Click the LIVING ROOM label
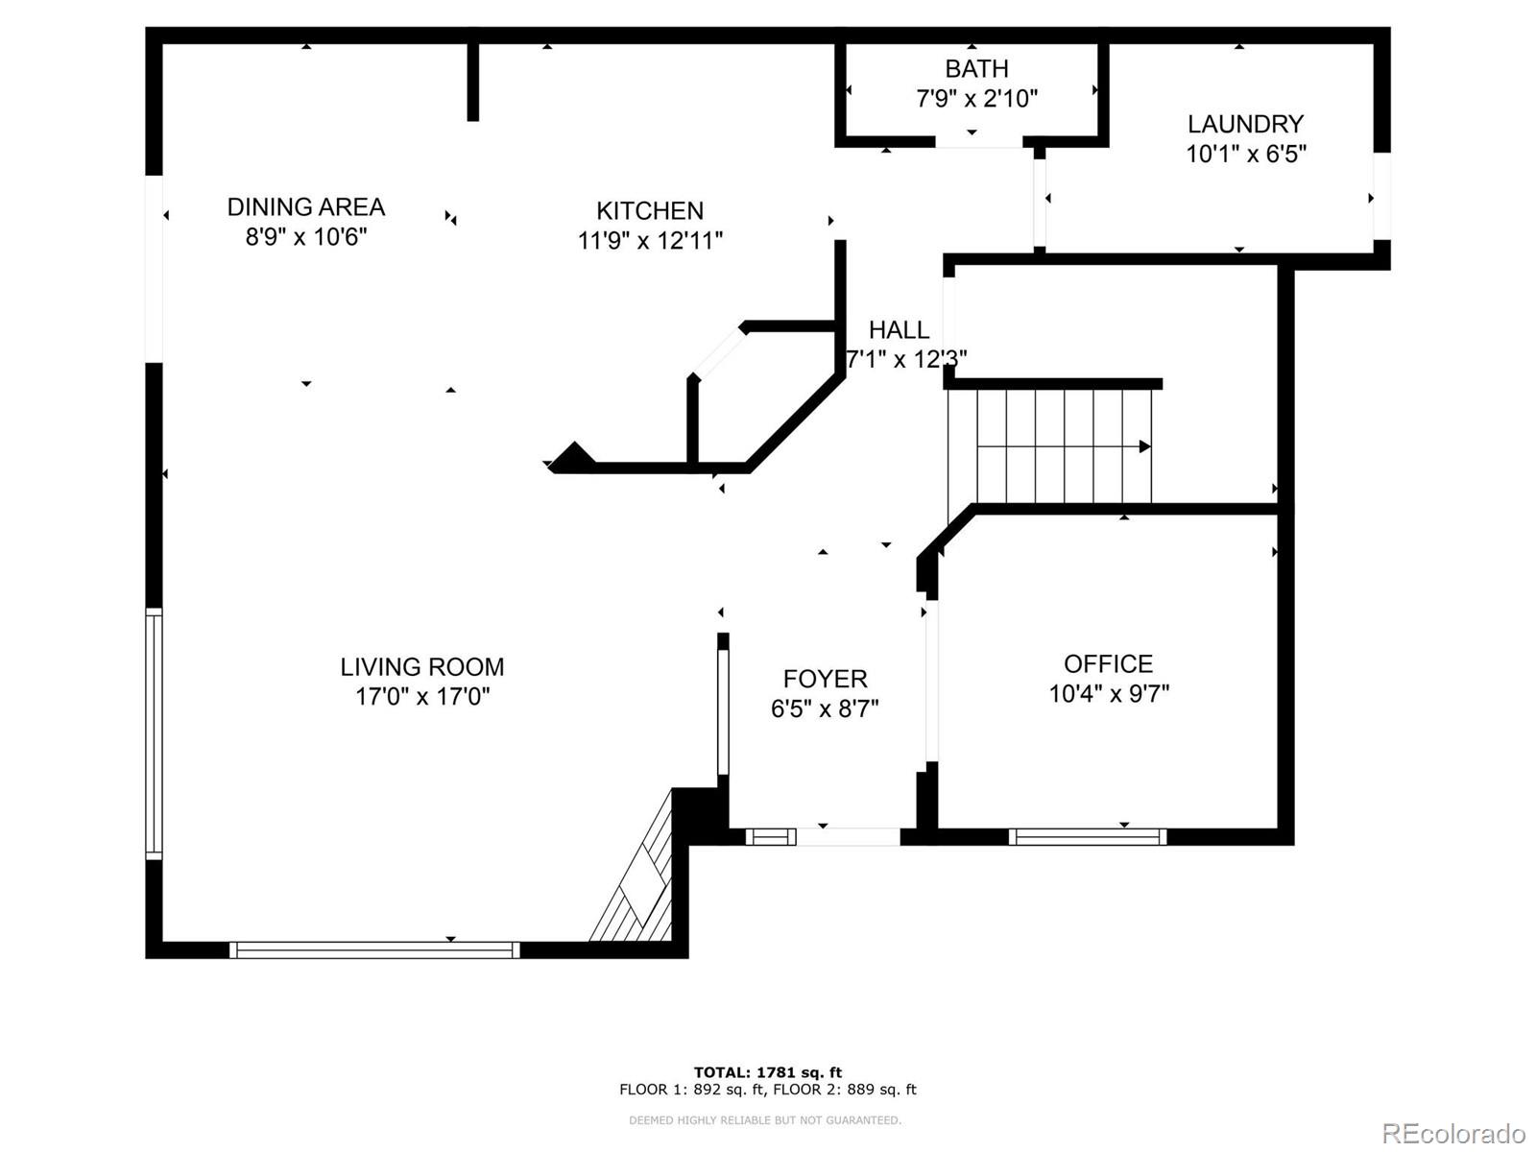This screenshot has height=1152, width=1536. click(422, 666)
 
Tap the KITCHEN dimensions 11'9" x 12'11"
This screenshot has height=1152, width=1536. click(650, 240)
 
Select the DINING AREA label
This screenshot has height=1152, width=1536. click(305, 206)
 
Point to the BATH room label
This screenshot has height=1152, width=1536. click(976, 69)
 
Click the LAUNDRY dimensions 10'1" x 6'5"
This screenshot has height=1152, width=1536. click(1245, 154)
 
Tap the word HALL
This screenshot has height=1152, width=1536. click(899, 330)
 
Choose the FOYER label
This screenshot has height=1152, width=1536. click(825, 679)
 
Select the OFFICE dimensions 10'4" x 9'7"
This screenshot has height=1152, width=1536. click(1109, 693)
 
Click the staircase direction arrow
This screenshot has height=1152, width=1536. click(1144, 446)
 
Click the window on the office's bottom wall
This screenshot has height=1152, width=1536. click(1087, 836)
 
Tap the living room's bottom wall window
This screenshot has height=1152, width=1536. click(374, 949)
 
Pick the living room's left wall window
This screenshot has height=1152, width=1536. click(154, 732)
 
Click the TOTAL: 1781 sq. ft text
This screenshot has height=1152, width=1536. click(767, 1072)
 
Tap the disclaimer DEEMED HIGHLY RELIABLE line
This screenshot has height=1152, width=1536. click(765, 1120)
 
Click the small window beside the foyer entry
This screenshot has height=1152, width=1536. click(771, 837)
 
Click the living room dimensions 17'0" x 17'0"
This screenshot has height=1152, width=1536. click(422, 696)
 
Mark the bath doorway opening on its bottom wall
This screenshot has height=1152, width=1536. click(978, 142)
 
